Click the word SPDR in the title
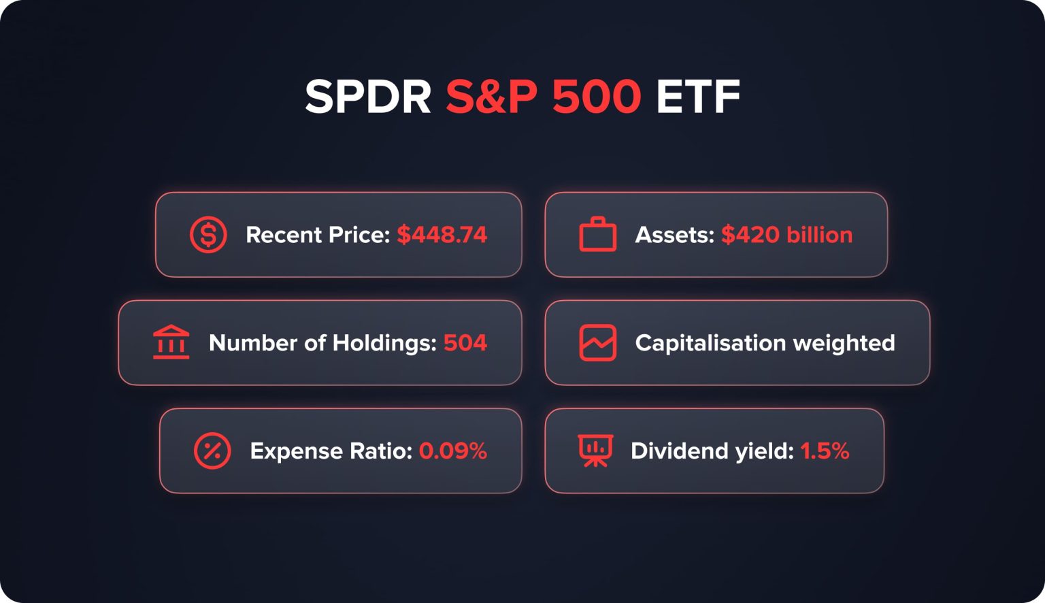[x=368, y=97]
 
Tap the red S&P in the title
[x=491, y=97]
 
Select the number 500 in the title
[x=596, y=97]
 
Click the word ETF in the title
[x=697, y=97]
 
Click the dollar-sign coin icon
[x=208, y=235]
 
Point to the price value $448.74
[x=442, y=235]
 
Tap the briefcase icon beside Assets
[x=597, y=235]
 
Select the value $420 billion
[x=786, y=235]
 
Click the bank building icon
[x=171, y=342]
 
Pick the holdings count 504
[x=465, y=342]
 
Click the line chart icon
[x=597, y=342]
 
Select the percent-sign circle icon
[x=212, y=451]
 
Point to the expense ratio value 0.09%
[x=452, y=451]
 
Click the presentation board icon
[x=595, y=451]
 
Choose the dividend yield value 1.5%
[x=825, y=451]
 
